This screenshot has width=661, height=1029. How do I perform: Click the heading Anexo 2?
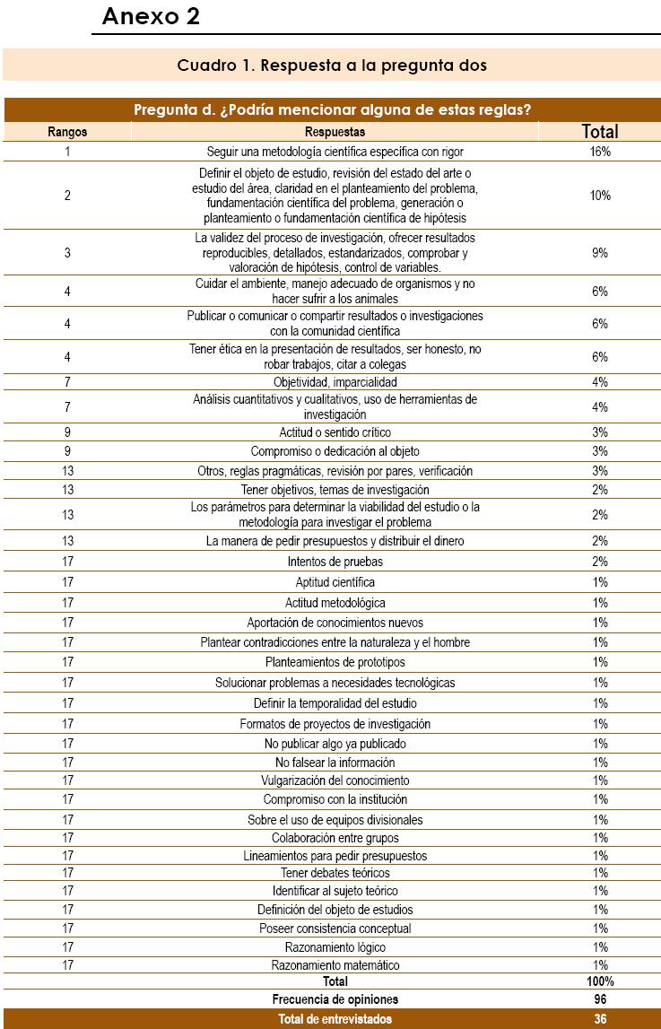pyautogui.click(x=151, y=16)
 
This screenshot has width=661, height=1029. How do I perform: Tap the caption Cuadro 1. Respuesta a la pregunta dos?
pyautogui.click(x=332, y=65)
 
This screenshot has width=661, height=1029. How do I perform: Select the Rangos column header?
pyautogui.click(x=67, y=132)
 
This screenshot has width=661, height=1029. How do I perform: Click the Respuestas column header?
pyautogui.click(x=335, y=132)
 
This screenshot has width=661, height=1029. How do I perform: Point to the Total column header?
pyautogui.click(x=600, y=132)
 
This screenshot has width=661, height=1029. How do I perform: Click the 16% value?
pyautogui.click(x=600, y=152)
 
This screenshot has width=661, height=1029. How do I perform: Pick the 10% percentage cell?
pyautogui.click(x=600, y=196)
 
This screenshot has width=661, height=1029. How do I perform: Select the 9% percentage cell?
pyautogui.click(x=600, y=253)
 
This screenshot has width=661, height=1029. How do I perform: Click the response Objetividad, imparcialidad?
pyautogui.click(x=335, y=382)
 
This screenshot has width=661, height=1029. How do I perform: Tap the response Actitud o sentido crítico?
pyautogui.click(x=335, y=432)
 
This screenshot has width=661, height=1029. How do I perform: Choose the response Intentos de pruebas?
pyautogui.click(x=335, y=562)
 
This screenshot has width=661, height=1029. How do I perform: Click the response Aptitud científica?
pyautogui.click(x=335, y=583)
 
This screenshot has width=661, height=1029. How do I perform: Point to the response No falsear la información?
pyautogui.click(x=335, y=763)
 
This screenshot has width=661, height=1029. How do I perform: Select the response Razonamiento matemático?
pyautogui.click(x=335, y=965)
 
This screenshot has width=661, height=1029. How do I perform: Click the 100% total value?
pyautogui.click(x=600, y=981)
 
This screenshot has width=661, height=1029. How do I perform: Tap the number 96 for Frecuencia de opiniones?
pyautogui.click(x=600, y=999)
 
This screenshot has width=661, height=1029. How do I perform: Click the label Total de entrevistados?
pyautogui.click(x=335, y=1019)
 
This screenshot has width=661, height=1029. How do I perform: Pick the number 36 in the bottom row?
pyautogui.click(x=600, y=1019)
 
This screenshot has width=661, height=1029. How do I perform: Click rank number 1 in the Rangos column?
pyautogui.click(x=67, y=152)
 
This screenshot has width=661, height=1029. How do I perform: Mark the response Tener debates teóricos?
pyautogui.click(x=335, y=873)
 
